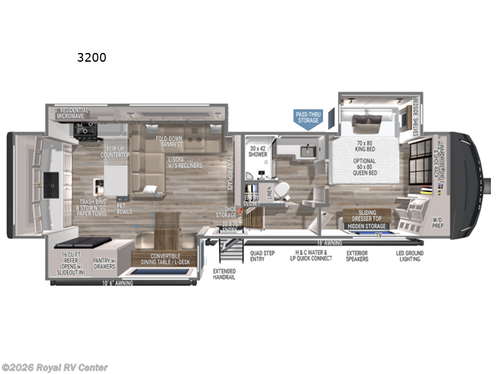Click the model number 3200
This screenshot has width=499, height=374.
[x=92, y=58]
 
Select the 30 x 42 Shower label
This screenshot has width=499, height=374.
[x=258, y=152]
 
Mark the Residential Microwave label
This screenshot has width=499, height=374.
[x=70, y=113]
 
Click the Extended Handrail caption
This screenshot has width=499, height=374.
[x=225, y=274]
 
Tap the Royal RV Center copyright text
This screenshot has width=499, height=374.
[x=55, y=368]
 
